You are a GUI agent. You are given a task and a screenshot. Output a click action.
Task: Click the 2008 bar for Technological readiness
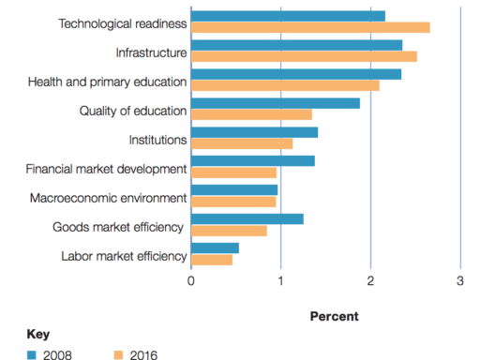pyautogui.click(x=288, y=16)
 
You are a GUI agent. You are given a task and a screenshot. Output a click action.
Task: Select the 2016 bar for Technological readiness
pyautogui.click(x=310, y=27)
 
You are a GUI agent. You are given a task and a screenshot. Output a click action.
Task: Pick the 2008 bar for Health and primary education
pyautogui.click(x=296, y=74)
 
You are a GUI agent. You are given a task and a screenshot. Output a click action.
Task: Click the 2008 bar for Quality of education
pyautogui.click(x=276, y=103)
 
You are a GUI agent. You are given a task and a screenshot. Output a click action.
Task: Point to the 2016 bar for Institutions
pyautogui.click(x=242, y=143)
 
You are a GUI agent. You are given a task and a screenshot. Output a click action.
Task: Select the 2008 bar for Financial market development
pyautogui.click(x=253, y=161)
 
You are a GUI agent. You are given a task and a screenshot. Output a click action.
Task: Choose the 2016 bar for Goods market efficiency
pyautogui.click(x=229, y=231)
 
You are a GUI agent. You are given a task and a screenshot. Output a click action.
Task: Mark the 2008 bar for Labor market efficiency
pyautogui.click(x=215, y=248)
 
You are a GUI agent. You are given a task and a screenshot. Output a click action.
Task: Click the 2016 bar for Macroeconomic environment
pyautogui.click(x=233, y=202)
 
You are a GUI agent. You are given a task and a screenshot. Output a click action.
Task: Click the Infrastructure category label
pyautogui.click(x=151, y=52)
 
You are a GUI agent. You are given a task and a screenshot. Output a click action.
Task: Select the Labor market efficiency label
pyautogui.click(x=124, y=255)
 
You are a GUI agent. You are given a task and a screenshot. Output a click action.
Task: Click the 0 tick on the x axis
pyautogui.click(x=191, y=280)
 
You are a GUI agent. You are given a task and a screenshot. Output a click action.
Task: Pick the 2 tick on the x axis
pyautogui.click(x=370, y=280)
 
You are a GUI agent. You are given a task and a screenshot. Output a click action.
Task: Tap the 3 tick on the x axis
pyautogui.click(x=460, y=280)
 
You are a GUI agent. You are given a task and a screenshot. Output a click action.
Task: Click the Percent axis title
pyautogui.click(x=334, y=316)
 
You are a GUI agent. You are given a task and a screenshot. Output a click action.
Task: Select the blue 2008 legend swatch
pyautogui.click(x=31, y=354)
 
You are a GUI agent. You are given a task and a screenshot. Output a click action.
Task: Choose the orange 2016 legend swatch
pyautogui.click(x=118, y=354)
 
